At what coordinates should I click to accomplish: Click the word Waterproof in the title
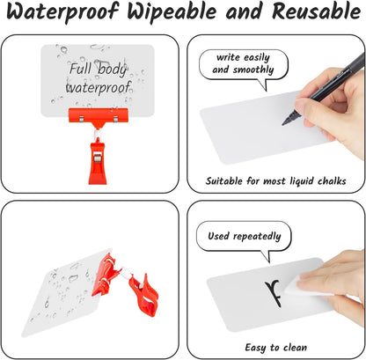pos(62,12)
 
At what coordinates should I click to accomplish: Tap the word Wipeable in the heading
pos(172,12)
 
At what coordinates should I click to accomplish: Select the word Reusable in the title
pos(317,11)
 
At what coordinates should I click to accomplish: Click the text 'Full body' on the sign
pos(98,69)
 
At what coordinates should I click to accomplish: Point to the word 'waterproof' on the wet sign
pos(98,87)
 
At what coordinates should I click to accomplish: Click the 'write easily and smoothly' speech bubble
pos(243,65)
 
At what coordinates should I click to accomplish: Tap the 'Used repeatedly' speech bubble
pos(244,238)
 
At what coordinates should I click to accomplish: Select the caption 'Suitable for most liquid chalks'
pos(275,180)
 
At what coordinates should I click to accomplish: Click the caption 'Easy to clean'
pos(276,348)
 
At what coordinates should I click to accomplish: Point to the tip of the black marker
pos(283,125)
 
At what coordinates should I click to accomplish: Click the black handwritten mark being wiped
pos(274,293)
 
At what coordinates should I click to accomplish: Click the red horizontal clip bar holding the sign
pos(99,115)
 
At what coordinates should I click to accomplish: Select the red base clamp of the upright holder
pos(98,162)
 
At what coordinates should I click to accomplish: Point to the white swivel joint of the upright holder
pos(97,134)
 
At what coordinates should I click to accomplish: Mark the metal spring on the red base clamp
pos(98,158)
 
